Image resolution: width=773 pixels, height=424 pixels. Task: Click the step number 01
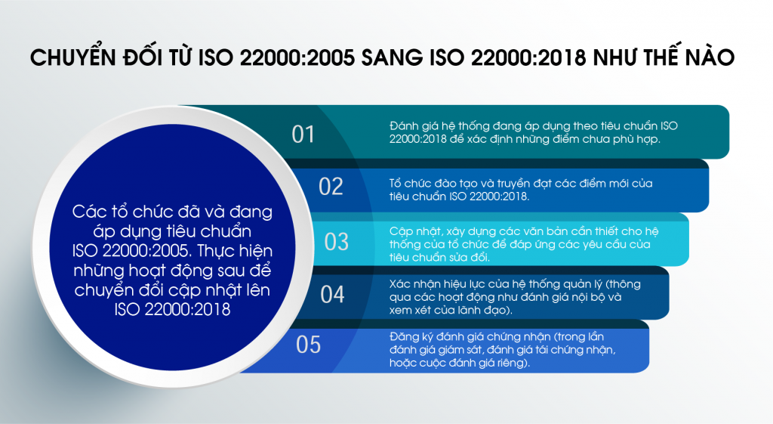point(303,135)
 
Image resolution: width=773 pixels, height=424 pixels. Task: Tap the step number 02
point(331,187)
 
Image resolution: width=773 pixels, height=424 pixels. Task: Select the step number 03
point(336,241)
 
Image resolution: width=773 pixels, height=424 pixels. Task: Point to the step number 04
point(332,295)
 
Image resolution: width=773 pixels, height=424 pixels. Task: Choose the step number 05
point(308,345)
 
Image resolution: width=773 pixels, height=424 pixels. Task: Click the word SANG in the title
point(392,57)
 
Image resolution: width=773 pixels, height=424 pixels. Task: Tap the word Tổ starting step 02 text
point(395,183)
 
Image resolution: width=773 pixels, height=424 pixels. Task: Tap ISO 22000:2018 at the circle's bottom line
point(173,309)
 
